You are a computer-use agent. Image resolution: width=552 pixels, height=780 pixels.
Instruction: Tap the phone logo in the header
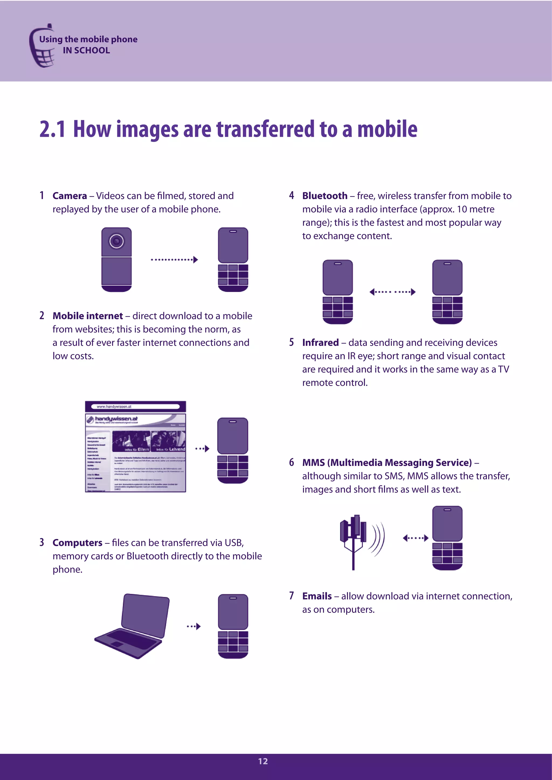point(42,48)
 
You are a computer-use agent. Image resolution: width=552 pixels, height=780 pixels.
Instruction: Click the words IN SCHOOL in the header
point(86,50)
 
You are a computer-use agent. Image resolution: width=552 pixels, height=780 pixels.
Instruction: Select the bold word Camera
point(70,196)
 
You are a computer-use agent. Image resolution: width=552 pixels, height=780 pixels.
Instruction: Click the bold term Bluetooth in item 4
point(325,196)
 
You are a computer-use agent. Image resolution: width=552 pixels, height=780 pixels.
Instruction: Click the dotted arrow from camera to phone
point(174,260)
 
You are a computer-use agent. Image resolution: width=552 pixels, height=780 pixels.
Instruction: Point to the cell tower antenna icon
point(354,540)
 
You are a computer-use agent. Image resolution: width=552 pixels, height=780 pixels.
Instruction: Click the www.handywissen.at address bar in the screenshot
point(135,406)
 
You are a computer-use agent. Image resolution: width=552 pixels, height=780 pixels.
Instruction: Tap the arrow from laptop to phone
point(194,626)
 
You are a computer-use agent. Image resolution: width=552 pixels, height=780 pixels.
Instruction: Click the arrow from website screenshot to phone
point(202,449)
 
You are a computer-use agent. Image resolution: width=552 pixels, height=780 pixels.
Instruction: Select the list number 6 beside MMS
point(291,462)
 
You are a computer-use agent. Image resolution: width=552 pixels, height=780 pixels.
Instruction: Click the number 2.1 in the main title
point(52,130)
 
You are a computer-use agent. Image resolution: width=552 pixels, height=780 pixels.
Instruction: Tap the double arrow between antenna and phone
point(415,538)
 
